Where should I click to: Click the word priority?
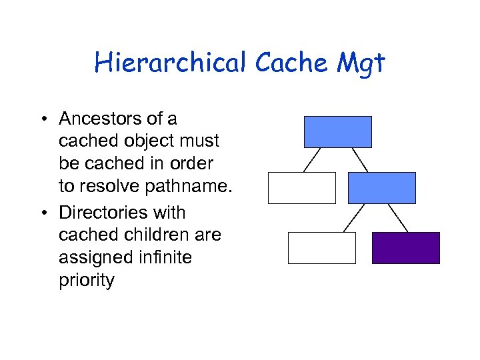coord(86,280)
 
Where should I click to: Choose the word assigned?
coord(93,257)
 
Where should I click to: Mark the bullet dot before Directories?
coord(43,213)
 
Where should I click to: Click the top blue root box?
coord(337,131)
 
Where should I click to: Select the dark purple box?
coord(405,248)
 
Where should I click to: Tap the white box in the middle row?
coord(301,187)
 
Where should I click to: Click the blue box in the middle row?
coord(381,187)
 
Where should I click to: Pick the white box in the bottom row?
coord(321,248)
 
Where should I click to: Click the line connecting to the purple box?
coord(397,218)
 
